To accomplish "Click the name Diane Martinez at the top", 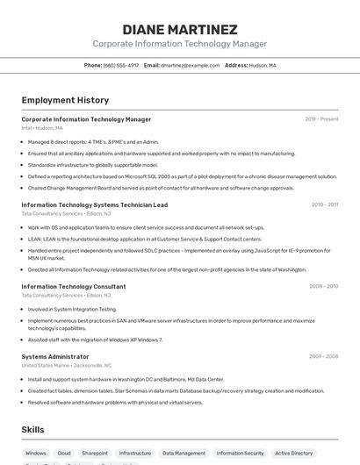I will tap(180, 29).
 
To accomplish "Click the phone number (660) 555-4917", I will tap(121, 65).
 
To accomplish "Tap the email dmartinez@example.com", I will tap(191, 65).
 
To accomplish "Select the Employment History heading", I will tap(65, 100).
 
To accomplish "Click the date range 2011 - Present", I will tap(321, 118).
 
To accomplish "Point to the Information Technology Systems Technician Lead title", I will tap(94, 204).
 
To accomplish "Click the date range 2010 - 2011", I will tap(324, 204).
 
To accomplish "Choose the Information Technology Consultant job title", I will tap(73, 286).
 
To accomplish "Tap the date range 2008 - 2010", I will tap(323, 286).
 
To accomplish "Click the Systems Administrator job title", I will tap(55, 356).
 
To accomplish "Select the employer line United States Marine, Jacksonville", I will tap(67, 365).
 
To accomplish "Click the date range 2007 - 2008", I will tap(323, 356).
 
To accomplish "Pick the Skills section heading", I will tap(33, 429).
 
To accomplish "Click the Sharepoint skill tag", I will tap(95, 454).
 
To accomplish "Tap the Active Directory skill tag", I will tap(293, 454).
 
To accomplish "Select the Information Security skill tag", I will tap(240, 454).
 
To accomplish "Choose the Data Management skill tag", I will tap(184, 454).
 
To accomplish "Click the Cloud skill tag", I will tap(64, 454).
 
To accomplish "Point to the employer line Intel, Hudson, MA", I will tap(42, 127).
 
